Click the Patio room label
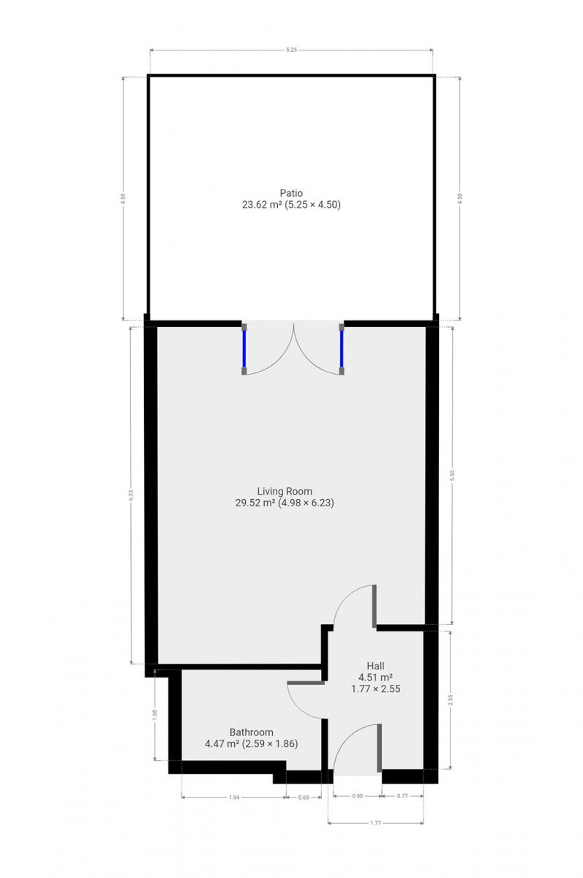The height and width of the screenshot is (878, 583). tap(291, 193)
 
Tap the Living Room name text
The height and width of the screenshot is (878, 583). tap(285, 491)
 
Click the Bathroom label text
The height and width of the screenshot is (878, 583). tap(251, 732)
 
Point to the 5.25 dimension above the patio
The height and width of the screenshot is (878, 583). tap(291, 50)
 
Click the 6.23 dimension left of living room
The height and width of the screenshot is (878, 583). tap(131, 495)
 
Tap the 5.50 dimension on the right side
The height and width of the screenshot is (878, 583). tap(452, 476)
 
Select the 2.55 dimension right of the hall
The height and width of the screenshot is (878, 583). tap(451, 699)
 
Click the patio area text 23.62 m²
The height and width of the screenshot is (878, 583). tap(262, 205)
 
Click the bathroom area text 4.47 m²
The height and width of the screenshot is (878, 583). tap(222, 743)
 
